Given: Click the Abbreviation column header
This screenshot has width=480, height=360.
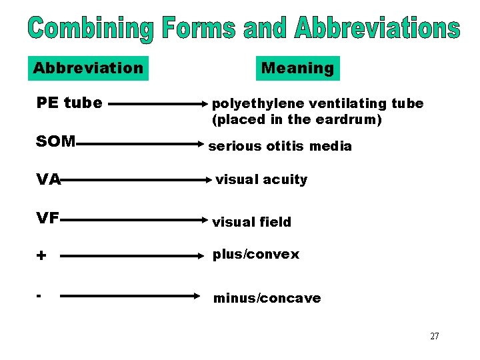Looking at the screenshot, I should tap(88, 68).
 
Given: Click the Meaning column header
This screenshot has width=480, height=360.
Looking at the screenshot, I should tap(297, 68).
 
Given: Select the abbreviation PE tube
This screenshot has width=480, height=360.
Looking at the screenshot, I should tap(69, 103).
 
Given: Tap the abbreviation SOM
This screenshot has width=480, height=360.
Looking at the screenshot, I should tap(56, 142).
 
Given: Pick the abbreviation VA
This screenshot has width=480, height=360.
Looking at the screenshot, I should tap(49, 179).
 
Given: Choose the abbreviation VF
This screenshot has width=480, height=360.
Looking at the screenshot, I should tap(48, 217).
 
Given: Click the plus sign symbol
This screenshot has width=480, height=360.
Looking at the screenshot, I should tap(41, 255).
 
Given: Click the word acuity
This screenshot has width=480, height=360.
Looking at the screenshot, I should tap(285, 179).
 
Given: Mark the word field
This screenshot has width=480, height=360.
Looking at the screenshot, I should tap(274, 222).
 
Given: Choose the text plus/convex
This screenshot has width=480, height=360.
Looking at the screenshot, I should tap(256, 255).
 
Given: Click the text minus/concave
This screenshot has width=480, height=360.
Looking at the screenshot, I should tap(267, 298).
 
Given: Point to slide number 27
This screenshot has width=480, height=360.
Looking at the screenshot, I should tap(434, 336).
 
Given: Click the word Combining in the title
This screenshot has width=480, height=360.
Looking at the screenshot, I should tap(91, 30).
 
